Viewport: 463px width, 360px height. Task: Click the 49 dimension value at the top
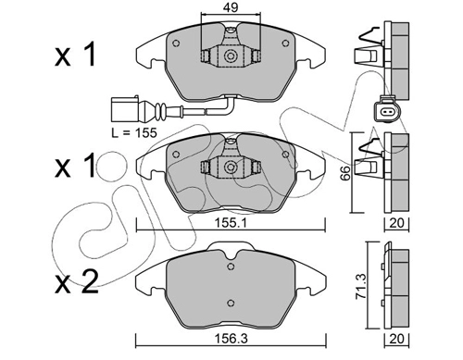231,7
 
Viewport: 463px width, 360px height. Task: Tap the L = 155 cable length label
134,132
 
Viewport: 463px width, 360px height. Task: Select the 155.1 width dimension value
231,224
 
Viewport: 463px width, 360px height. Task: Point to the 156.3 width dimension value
231,339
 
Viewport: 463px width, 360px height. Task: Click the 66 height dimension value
346,173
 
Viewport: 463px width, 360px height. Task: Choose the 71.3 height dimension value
361,286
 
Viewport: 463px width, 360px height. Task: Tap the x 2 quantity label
77,281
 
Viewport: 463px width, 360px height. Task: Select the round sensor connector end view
386,111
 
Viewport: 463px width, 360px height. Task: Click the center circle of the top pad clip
231,56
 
